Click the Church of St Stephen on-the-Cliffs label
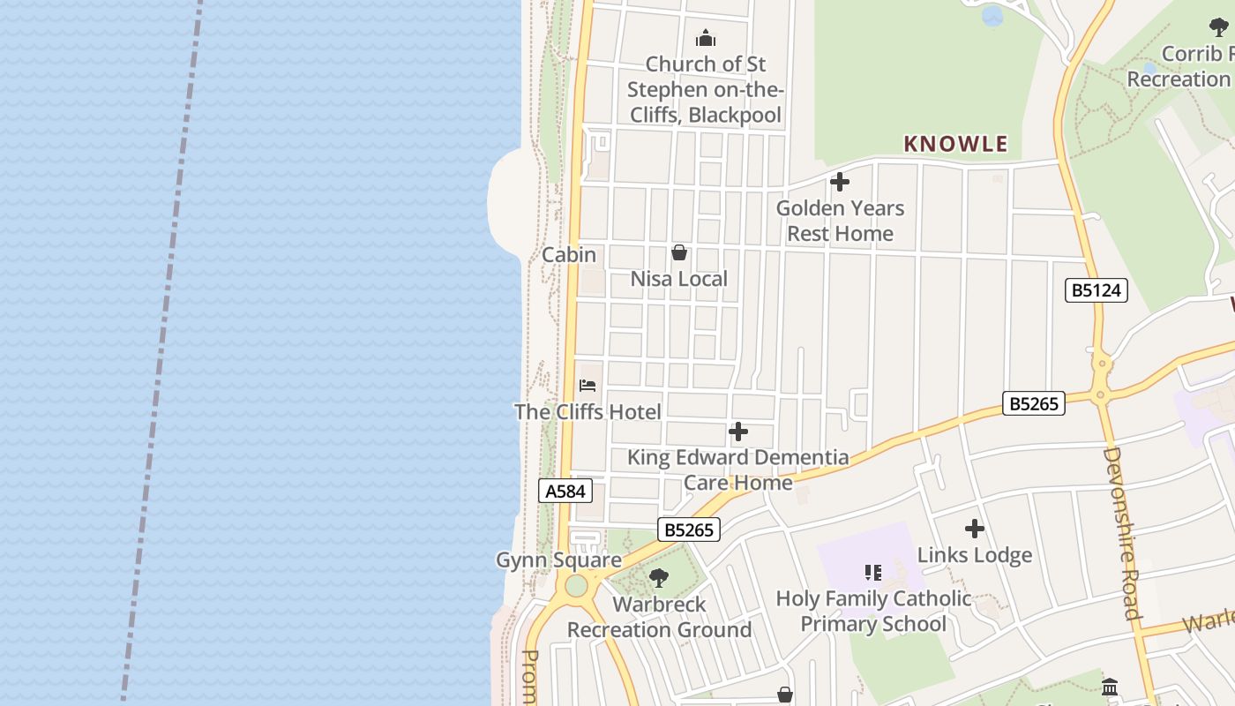[x=704, y=89]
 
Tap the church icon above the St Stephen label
[x=705, y=39]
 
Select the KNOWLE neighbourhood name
[x=955, y=144]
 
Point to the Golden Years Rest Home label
[x=840, y=221]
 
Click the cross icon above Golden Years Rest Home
[x=840, y=182]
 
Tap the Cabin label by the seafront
[x=569, y=255]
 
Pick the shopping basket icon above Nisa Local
[x=679, y=253]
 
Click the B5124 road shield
[x=1097, y=290]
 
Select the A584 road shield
[x=565, y=492]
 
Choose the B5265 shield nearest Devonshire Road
[x=1034, y=403]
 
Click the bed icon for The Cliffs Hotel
[x=588, y=386]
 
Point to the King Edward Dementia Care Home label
[x=738, y=469]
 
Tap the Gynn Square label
[x=558, y=560]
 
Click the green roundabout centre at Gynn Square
[x=576, y=585]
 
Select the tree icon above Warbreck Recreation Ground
[x=658, y=579]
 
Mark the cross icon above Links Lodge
[x=975, y=529]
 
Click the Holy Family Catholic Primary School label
[x=873, y=611]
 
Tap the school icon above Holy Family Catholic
[x=873, y=573]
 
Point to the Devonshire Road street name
[x=1122, y=534]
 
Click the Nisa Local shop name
[x=678, y=279]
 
